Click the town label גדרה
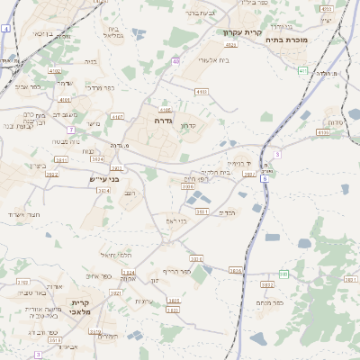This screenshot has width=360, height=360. click(163, 120)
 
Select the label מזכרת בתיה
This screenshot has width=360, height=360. click(288, 40)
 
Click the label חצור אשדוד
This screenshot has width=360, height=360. click(22, 214)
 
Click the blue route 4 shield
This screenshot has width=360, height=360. click(5, 29)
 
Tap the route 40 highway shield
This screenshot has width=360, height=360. click(175, 61)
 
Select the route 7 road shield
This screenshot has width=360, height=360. click(70, 130)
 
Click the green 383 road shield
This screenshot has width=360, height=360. click(283, 274)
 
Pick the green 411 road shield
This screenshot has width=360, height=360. click(302, 70)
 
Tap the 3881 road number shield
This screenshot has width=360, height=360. click(202, 211)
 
